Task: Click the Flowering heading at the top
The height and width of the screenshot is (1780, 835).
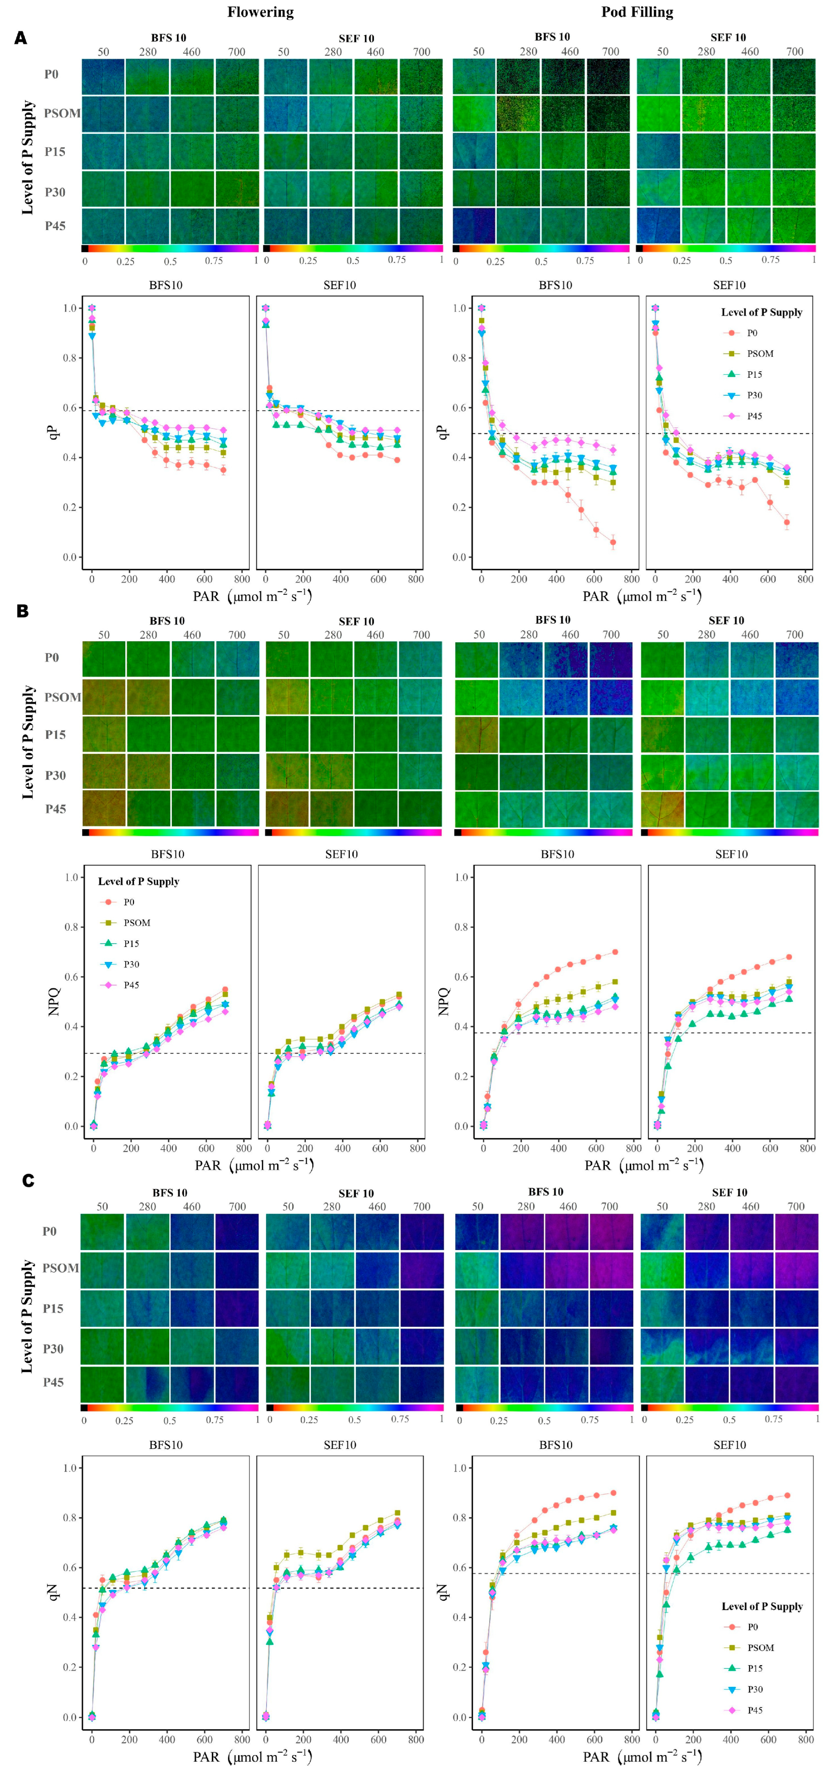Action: click(x=261, y=12)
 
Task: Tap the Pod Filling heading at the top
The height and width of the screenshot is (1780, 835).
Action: click(x=636, y=12)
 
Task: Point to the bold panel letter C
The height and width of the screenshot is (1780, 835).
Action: click(x=28, y=1180)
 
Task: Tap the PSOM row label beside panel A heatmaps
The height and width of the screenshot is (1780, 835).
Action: click(x=62, y=113)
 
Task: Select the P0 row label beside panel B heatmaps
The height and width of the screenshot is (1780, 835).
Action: click(x=52, y=657)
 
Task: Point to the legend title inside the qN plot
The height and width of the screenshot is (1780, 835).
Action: click(x=762, y=1606)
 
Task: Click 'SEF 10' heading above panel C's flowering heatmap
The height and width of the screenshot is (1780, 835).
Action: click(x=356, y=1193)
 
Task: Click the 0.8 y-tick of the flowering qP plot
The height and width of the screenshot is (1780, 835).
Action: click(x=70, y=358)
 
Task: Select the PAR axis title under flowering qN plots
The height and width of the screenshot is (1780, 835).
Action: click(x=252, y=1757)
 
